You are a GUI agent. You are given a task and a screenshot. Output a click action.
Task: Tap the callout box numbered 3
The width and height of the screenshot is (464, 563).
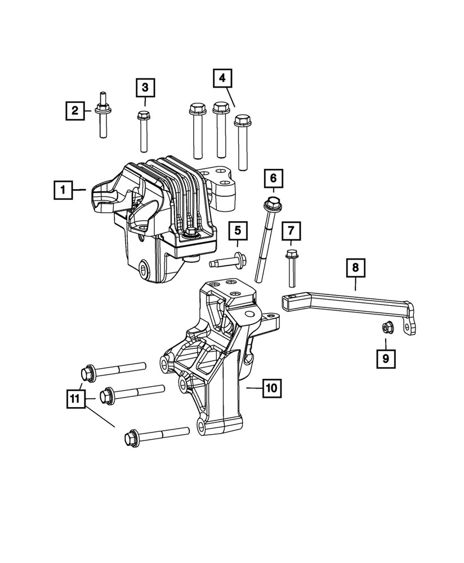[x=145, y=87]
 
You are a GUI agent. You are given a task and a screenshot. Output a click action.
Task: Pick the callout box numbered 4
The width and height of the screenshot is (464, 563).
[x=222, y=78]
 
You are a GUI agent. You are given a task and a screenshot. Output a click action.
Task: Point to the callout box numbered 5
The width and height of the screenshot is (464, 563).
[x=238, y=230]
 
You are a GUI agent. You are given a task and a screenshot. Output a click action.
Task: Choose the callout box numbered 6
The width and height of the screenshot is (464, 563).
[x=273, y=178]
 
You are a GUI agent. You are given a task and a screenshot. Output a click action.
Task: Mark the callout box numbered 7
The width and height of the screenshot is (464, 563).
[x=291, y=230]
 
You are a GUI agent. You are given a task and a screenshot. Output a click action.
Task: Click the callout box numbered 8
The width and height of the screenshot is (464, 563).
[x=355, y=267]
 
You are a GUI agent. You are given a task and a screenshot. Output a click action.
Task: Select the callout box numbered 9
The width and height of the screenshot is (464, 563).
[x=386, y=357]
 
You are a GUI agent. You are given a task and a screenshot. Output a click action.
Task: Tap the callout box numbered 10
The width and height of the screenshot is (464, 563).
[x=271, y=388]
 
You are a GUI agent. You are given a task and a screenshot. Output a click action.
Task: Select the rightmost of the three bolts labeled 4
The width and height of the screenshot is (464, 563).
[x=242, y=141]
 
